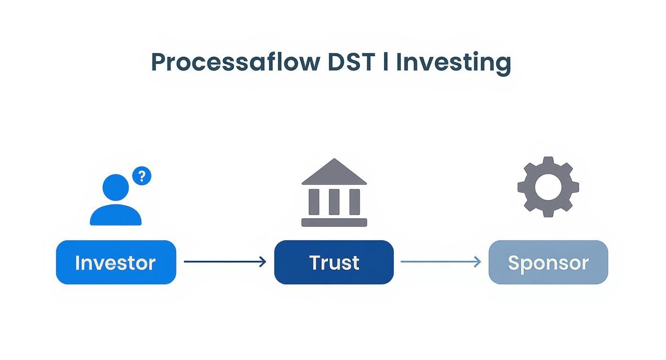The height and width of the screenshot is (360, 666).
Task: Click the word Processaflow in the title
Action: pos(235,63)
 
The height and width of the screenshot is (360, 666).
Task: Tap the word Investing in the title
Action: pos(453,63)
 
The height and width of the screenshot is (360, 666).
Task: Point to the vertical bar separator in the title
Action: pos(386,62)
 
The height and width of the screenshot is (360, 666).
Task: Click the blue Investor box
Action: pos(116,262)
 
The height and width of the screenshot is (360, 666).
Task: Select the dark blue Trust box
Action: pos(334,262)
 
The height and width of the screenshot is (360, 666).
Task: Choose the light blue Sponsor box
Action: pos(548,262)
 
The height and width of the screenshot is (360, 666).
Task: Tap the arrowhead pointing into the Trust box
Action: pos(263,262)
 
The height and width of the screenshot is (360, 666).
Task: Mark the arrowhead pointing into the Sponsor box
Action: pos(477,262)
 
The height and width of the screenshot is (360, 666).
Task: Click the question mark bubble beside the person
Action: pos(141,176)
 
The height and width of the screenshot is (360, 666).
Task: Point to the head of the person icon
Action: pos(116,187)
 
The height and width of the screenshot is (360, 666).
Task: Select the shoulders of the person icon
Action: pos(116,216)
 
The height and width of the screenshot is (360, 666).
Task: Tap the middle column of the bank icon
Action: pos(334,202)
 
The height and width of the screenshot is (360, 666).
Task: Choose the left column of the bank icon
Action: pos(314,202)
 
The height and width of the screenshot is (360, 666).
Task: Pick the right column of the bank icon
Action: pos(355,202)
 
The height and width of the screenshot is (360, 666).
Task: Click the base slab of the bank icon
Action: pos(334,222)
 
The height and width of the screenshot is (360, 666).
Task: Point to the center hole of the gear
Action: pos(548,187)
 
